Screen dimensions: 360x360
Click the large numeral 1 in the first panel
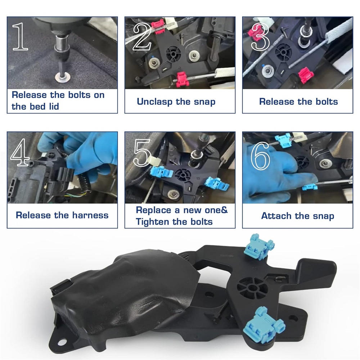pyautogui.click(x=20, y=36)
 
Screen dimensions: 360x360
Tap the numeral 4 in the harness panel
pyautogui.click(x=19, y=152)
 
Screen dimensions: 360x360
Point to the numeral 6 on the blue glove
pyautogui.click(x=260, y=156)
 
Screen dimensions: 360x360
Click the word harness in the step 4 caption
pyautogui.click(x=90, y=215)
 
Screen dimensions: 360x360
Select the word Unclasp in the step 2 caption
pyautogui.click(x=154, y=102)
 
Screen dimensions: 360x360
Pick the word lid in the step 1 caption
pyautogui.click(x=54, y=107)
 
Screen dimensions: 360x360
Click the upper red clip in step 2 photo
pyautogui.click(x=158, y=26)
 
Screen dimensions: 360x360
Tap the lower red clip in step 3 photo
pyautogui.click(x=306, y=75)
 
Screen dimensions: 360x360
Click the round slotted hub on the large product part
pyautogui.click(x=252, y=287)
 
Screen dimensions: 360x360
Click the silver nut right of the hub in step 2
pyautogui.click(x=194, y=56)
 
